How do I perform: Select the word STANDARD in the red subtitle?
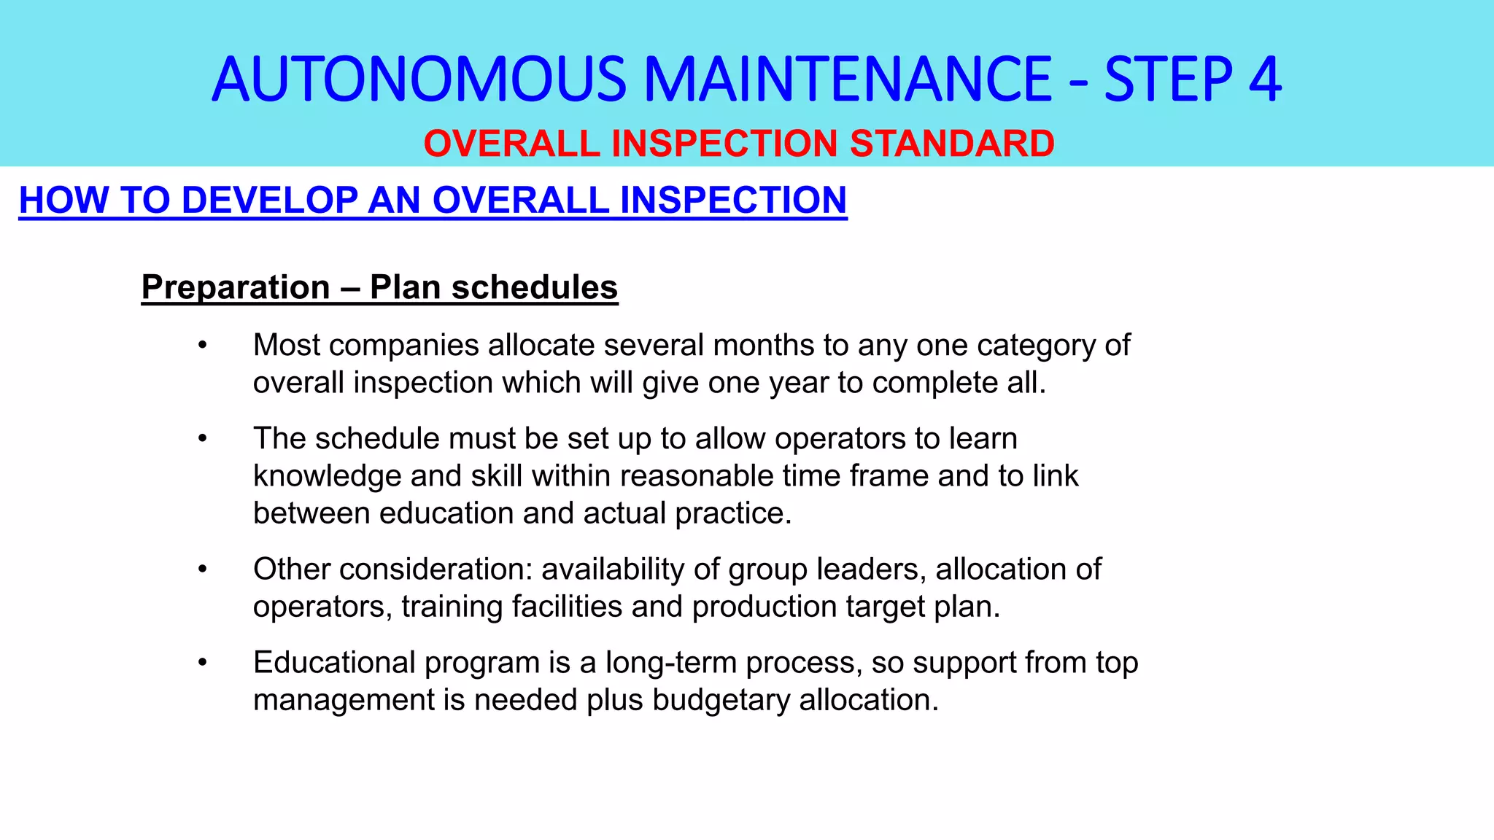click(952, 143)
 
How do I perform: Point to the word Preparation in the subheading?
click(236, 287)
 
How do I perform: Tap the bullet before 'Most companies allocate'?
click(203, 345)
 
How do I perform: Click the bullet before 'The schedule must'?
click(203, 438)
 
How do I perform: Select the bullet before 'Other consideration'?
click(203, 569)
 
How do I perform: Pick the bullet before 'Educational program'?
click(203, 662)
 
